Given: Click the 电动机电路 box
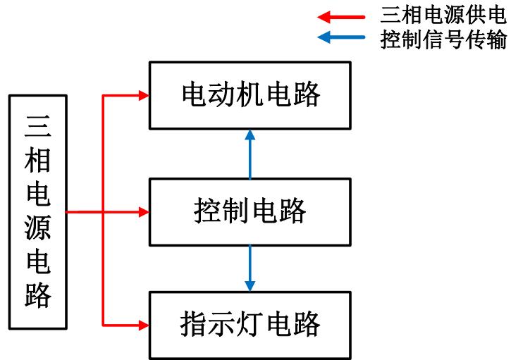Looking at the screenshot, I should tap(250, 95).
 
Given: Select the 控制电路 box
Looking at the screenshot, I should tap(250, 211).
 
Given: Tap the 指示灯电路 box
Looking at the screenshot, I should tap(250, 325).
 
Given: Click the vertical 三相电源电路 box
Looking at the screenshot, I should tap(39, 211).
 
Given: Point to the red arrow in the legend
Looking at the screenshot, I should tap(342, 15).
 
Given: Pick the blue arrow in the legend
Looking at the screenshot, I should tap(342, 38).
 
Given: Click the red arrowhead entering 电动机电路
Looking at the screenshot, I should tap(144, 95).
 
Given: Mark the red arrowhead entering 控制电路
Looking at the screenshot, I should tap(144, 211).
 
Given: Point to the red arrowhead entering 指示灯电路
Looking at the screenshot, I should tap(144, 325).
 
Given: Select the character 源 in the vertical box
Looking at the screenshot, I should tap(39, 229).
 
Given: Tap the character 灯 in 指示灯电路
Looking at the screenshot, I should tap(250, 325).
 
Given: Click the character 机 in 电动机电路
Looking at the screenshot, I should tap(250, 95).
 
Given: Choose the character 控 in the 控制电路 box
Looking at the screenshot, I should tap(206, 211).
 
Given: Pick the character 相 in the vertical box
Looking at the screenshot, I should tap(39, 160).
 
